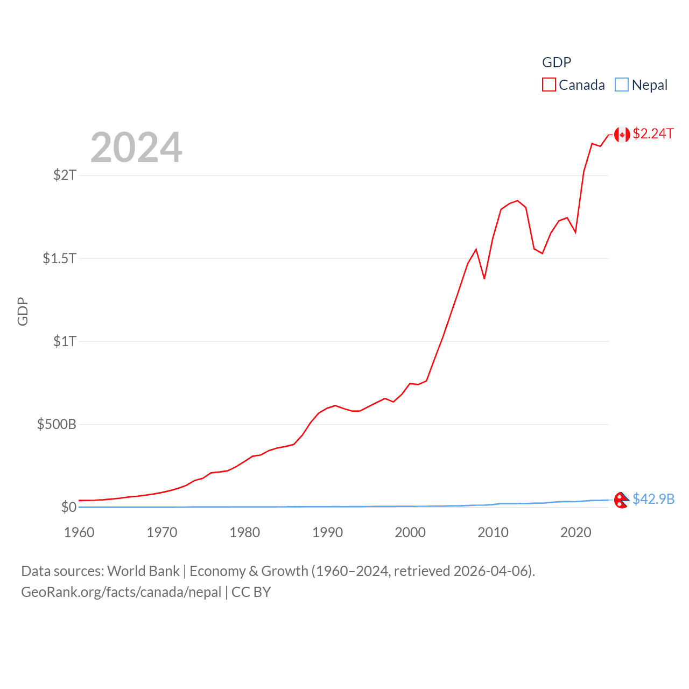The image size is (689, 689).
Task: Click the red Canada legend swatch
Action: [549, 85]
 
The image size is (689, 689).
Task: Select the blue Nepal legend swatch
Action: [621, 85]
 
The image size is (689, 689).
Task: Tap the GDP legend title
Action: [556, 62]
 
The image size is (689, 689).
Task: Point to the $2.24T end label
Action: [653, 133]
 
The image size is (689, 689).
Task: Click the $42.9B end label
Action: [653, 499]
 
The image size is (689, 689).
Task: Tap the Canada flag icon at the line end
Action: [622, 135]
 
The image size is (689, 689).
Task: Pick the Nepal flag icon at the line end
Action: [622, 500]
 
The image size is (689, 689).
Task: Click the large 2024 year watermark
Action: [136, 147]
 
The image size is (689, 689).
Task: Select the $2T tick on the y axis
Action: [65, 175]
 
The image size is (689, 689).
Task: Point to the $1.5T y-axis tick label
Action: [59, 258]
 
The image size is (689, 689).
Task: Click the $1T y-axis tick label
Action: [65, 341]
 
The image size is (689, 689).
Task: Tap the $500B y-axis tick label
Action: [57, 424]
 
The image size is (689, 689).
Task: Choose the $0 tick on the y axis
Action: [68, 507]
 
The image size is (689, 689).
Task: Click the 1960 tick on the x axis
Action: [79, 532]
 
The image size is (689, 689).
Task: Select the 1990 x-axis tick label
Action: [327, 532]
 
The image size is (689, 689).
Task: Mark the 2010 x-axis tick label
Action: [493, 532]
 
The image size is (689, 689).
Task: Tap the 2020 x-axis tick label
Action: [576, 532]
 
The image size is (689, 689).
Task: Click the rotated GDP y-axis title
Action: [23, 311]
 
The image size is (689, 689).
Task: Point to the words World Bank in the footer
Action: [144, 571]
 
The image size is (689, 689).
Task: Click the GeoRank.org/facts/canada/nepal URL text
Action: [121, 592]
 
